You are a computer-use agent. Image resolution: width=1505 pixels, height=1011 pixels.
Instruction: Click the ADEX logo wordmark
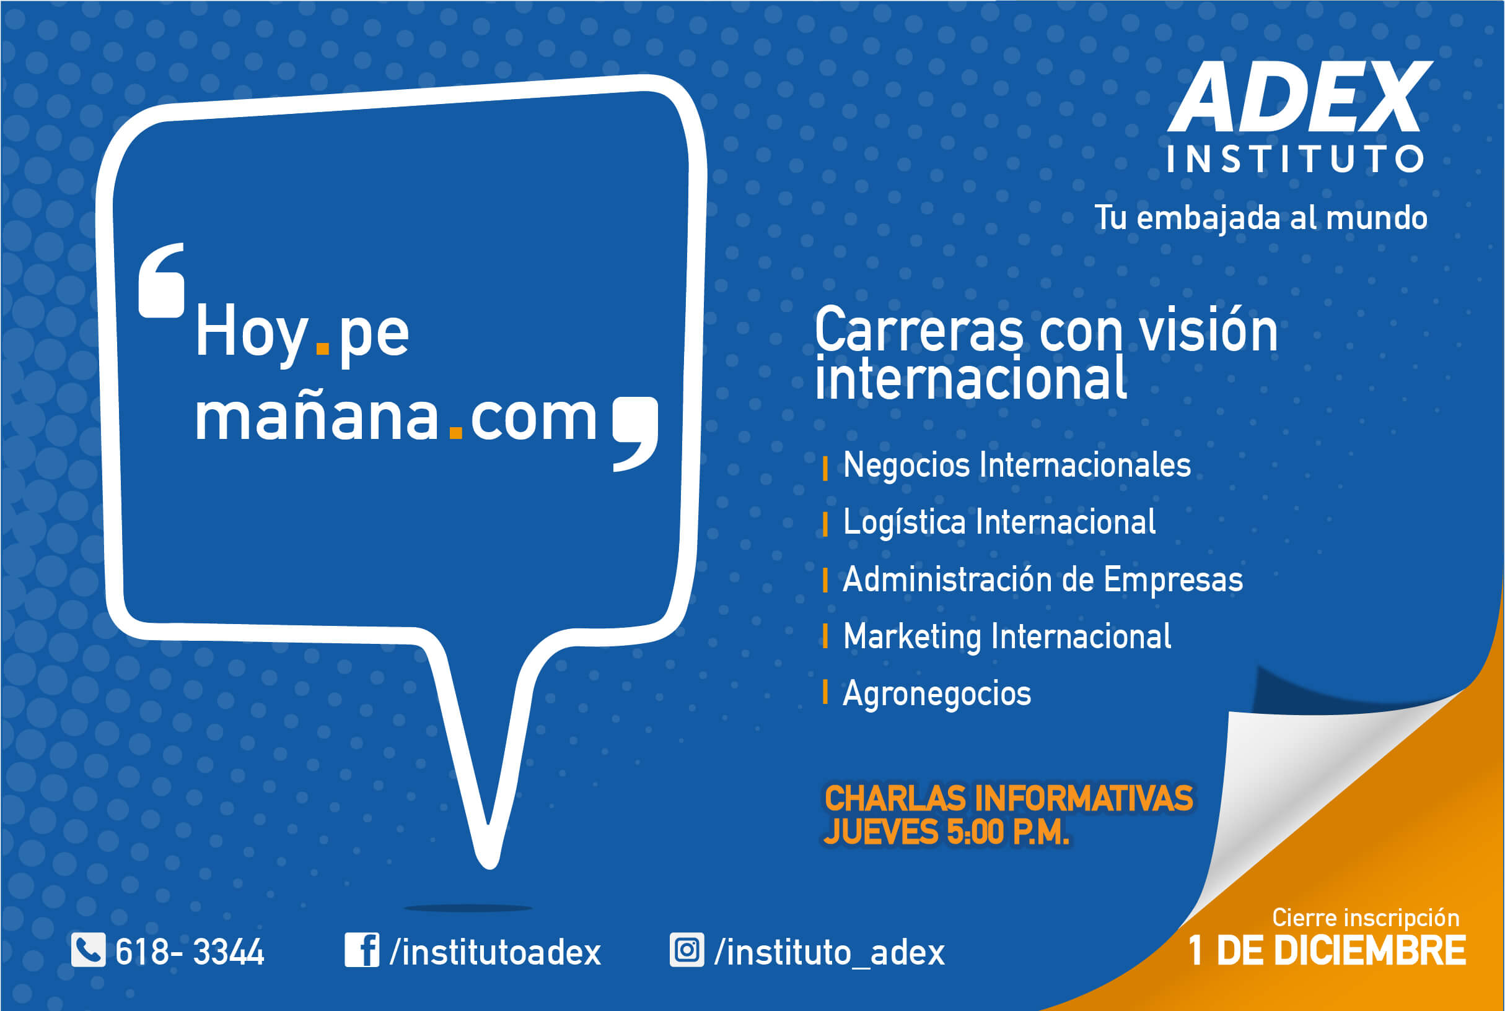[x=1300, y=96]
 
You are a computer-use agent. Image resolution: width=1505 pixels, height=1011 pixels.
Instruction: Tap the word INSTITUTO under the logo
[x=1296, y=159]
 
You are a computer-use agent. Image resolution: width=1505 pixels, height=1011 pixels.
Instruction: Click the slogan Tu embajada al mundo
[x=1261, y=218]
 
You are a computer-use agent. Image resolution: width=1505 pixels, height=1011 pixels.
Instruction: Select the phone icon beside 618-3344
[x=89, y=950]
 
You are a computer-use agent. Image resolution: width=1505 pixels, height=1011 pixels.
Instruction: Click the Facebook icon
[x=362, y=950]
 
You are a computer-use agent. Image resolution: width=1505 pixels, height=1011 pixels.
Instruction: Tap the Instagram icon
[x=687, y=950]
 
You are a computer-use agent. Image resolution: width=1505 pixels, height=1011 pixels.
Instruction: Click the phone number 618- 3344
[x=190, y=952]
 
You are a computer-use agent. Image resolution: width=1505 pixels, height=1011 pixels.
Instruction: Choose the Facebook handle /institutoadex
[x=496, y=952]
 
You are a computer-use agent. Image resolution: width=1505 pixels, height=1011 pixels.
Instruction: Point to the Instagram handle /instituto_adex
[x=830, y=952]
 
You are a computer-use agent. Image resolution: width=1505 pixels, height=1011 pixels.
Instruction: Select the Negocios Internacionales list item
[x=1017, y=466]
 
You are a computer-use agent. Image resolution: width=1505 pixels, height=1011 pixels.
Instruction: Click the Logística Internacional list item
[x=999, y=523]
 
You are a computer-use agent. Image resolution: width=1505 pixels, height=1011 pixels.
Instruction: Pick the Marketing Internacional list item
[x=1007, y=636]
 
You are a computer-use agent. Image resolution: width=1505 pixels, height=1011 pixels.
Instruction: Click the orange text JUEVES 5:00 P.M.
[x=946, y=831]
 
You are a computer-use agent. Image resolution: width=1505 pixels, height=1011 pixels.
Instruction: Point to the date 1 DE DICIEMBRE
[x=1327, y=951]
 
